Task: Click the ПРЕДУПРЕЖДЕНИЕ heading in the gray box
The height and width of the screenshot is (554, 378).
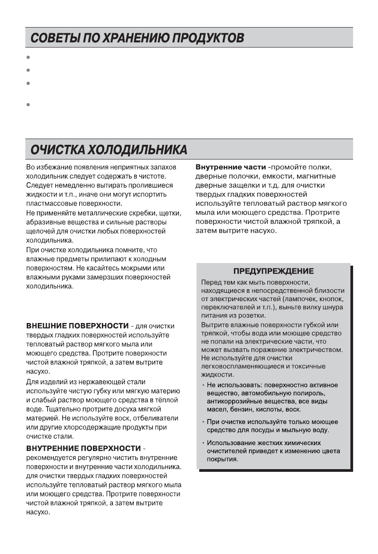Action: tap(273, 271)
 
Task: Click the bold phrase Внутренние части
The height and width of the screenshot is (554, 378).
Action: tap(230, 167)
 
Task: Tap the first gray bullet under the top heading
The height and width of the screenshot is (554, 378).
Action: tap(28, 57)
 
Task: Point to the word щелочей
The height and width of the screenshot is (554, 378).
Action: tap(39, 231)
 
